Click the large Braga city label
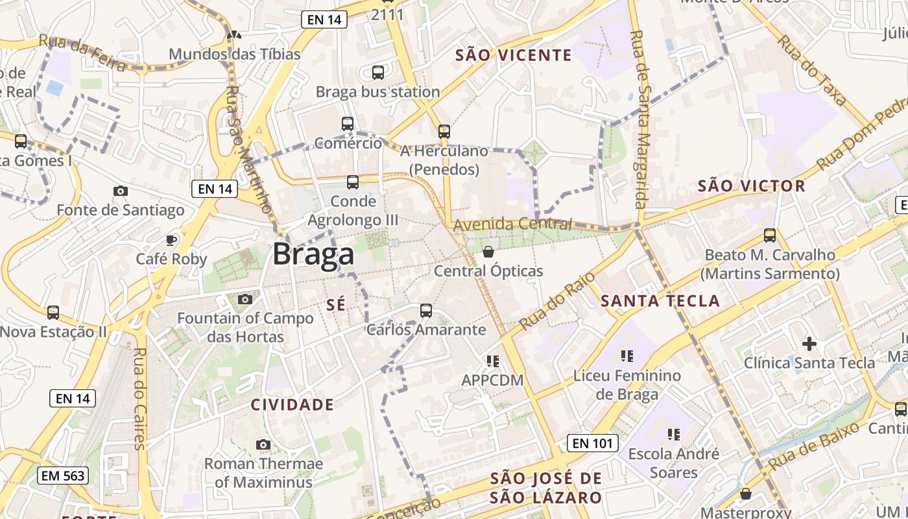pos(313,254)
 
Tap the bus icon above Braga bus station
pos(378,73)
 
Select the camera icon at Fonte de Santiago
pos(120,191)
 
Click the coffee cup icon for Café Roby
pos(171,240)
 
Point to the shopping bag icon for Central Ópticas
pos(488,252)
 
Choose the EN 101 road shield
pos(592,444)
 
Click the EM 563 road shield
pos(62,476)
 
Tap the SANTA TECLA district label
pos(660,301)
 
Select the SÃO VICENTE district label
pos(514,55)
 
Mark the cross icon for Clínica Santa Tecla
pos(809,343)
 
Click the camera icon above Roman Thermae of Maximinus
pos(263,444)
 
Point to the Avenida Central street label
pos(512,224)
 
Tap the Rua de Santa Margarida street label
pos(641,120)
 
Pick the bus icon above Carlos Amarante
pos(425,311)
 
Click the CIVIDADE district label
pos(293,405)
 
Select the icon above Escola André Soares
pos(673,434)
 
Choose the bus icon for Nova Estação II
pos(53,313)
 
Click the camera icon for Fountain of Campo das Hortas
pos(245,299)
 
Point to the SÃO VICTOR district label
pos(751,186)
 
